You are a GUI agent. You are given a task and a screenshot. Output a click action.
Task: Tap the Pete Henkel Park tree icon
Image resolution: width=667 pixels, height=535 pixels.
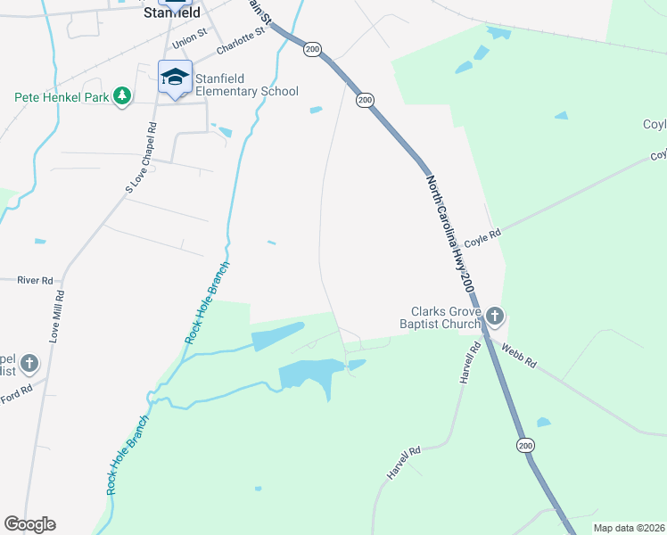coord(123,95)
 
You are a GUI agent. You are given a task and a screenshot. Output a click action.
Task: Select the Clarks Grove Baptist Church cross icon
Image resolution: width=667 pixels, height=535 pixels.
coord(495,317)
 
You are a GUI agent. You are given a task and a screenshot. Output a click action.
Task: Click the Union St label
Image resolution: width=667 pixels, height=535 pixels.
coord(189,40)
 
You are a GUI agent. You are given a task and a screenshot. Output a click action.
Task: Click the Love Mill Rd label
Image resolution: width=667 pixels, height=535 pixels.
coord(55,317)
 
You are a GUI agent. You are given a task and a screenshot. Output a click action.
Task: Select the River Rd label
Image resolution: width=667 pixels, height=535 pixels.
coord(36,280)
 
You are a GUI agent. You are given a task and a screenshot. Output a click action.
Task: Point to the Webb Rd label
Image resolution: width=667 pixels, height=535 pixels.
coord(518,356)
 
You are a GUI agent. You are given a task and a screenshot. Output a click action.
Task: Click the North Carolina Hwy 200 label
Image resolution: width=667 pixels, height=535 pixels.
coord(448,234)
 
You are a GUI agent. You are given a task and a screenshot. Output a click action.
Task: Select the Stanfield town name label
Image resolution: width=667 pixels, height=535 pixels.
coord(172,13)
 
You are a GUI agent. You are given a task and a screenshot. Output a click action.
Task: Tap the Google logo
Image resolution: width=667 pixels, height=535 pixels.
coord(29,524)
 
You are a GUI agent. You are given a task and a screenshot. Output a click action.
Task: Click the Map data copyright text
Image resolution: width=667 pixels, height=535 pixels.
coord(628,528)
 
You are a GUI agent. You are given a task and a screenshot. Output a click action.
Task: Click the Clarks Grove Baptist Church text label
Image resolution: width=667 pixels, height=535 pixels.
coord(445,318)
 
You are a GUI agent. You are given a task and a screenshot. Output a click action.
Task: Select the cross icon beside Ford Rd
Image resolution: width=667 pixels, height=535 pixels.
coord(29,363)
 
